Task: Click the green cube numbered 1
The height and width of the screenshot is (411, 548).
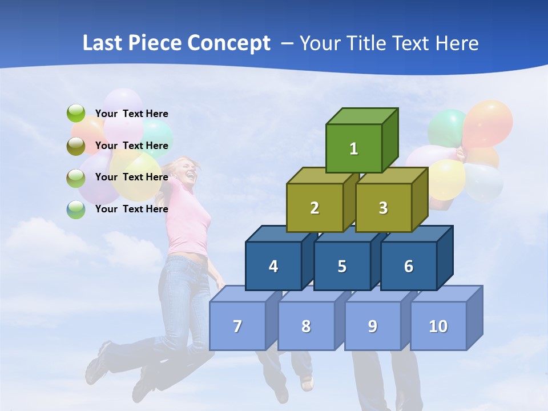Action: click(354, 148)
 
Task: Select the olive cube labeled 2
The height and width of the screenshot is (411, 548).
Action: click(315, 208)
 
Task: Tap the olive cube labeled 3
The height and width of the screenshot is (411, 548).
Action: click(383, 208)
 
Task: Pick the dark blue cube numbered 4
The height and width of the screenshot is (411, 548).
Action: click(273, 266)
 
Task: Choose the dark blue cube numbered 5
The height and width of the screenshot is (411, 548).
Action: click(342, 266)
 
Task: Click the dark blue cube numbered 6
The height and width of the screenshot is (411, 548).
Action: click(409, 266)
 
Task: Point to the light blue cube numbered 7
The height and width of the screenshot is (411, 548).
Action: click(237, 326)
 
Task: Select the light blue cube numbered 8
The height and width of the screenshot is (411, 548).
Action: click(306, 326)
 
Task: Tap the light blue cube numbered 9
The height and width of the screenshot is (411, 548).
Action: click(373, 326)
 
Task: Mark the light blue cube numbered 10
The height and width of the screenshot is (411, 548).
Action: click(438, 326)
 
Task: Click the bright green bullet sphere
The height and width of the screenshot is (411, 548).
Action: click(76, 114)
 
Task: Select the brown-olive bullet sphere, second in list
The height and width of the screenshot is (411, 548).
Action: click(76, 146)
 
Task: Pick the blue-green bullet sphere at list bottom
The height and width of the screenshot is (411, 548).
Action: click(76, 209)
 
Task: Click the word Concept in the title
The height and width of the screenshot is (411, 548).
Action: click(228, 43)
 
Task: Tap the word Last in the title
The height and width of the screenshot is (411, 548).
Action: click(103, 43)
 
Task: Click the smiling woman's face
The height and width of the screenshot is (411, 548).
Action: click(188, 171)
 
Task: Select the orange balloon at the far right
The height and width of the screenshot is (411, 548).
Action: click(488, 123)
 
